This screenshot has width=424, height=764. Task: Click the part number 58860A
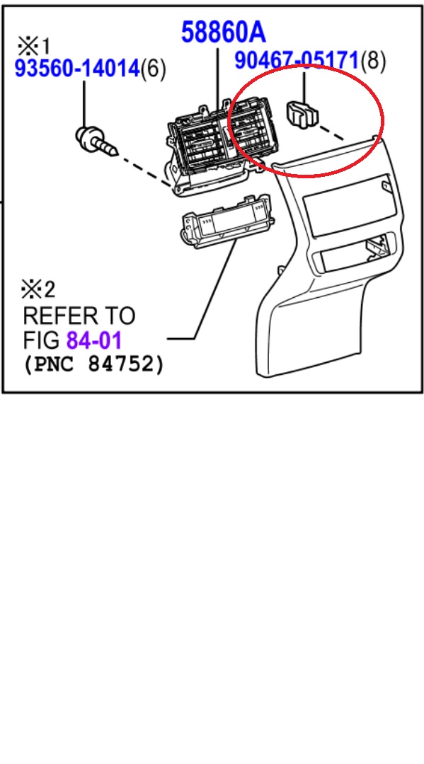point(223,32)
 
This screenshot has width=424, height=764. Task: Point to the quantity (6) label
point(154,69)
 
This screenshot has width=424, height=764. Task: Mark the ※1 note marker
point(33,47)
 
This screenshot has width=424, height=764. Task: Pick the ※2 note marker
point(39,289)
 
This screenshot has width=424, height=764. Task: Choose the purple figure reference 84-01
point(94,341)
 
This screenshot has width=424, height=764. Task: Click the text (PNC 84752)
point(93,366)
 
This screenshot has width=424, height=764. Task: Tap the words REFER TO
point(79,316)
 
